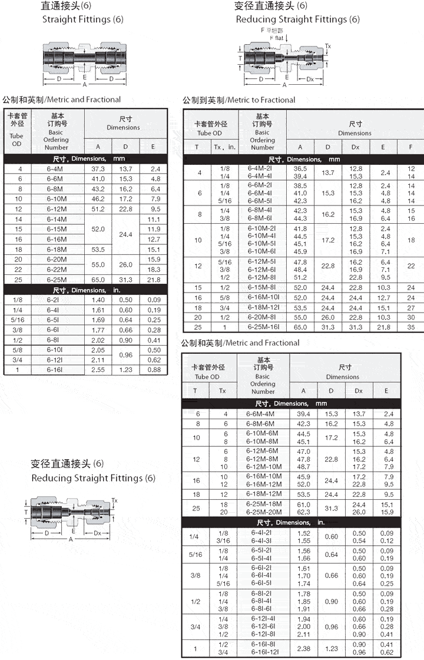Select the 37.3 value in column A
pos(98,168)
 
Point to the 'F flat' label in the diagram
pos(277,38)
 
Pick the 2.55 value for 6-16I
pos(98,370)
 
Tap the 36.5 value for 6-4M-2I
pos(300,168)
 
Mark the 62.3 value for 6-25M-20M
pos(303,512)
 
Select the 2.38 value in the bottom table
pos(303,648)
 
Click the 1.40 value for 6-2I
pos(98,300)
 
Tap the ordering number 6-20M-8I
pos(262,317)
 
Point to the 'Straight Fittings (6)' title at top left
pos(83,19)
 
